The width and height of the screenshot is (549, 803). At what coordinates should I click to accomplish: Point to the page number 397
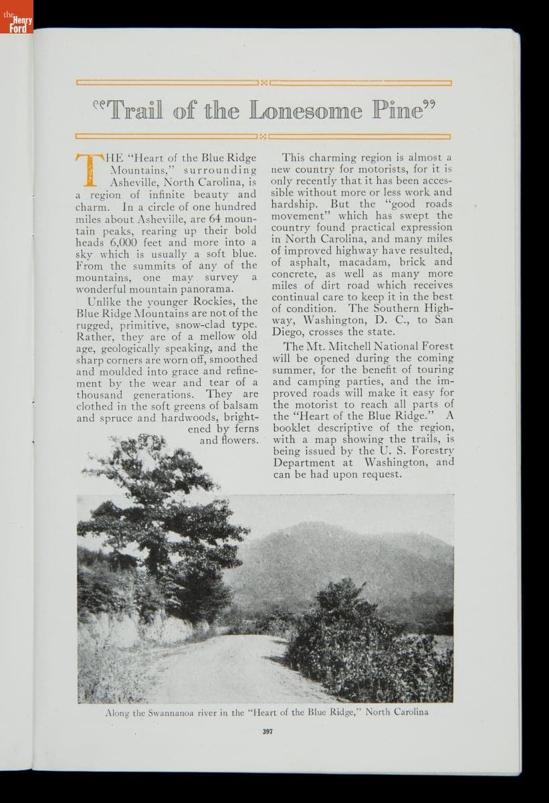point(266,731)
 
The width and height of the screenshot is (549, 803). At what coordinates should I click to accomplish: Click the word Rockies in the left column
point(210,300)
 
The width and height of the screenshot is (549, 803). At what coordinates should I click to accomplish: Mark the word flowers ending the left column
point(239,440)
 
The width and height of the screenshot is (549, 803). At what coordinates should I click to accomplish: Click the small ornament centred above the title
point(264,83)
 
